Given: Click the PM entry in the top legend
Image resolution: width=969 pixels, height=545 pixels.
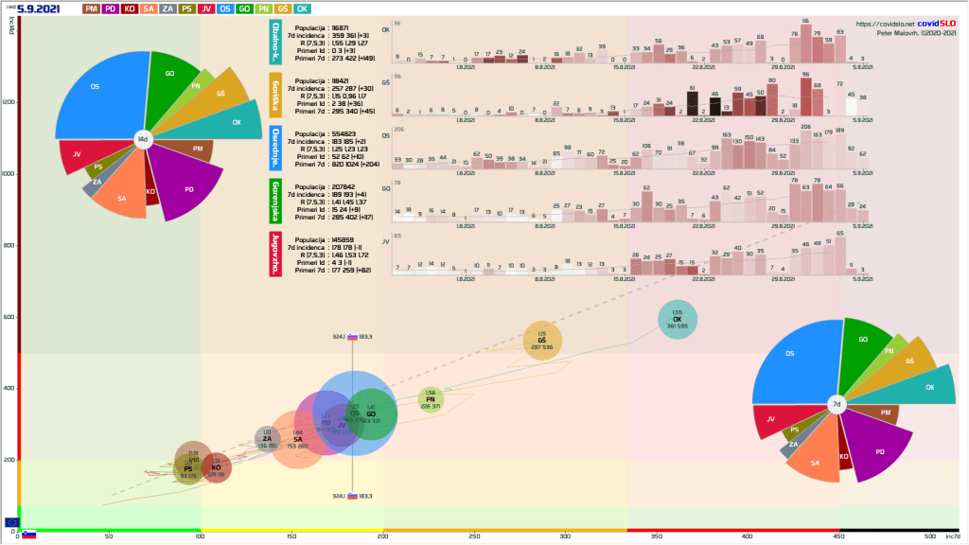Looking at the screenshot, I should (x=92, y=9).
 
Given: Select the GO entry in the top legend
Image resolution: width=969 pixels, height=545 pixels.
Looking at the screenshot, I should (x=244, y=9).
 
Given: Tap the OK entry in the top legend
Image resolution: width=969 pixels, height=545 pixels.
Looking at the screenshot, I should (x=304, y=9).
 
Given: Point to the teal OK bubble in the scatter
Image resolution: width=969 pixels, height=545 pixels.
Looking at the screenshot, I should (x=677, y=320).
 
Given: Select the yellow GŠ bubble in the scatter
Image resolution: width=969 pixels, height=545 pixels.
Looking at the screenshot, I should (x=542, y=342).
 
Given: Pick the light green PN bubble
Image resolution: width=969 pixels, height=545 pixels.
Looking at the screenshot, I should (x=431, y=400).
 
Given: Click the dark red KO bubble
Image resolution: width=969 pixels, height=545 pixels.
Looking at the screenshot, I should (x=216, y=467).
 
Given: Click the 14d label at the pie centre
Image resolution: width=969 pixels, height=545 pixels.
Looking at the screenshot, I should (x=143, y=140).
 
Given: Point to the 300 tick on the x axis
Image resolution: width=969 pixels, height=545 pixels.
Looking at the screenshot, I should (x=565, y=536).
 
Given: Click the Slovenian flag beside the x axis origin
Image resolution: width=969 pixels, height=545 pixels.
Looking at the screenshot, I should (x=29, y=535).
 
